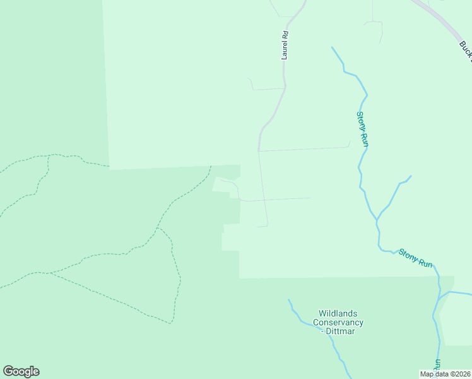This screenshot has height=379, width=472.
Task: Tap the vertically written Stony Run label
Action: tap(362, 129)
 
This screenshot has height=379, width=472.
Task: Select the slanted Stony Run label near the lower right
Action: tap(415, 258)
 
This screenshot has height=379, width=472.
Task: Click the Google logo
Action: tap(21, 371)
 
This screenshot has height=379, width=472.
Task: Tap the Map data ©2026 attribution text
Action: tap(445, 374)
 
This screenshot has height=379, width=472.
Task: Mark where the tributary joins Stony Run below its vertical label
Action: tap(377, 220)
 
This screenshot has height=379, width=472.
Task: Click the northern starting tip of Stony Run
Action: tap(333, 47)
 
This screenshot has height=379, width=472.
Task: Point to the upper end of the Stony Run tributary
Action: tap(411, 176)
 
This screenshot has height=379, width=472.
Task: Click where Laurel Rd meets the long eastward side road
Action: tap(258, 151)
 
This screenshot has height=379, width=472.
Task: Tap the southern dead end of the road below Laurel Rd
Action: tap(258, 226)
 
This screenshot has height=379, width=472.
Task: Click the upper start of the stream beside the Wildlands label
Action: tap(289, 300)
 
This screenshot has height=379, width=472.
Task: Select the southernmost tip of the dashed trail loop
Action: tap(170, 323)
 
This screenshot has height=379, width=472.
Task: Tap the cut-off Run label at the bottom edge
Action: tap(437, 368)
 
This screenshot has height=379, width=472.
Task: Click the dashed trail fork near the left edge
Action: tap(49, 156)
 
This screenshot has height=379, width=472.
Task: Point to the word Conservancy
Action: tap(341, 322)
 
